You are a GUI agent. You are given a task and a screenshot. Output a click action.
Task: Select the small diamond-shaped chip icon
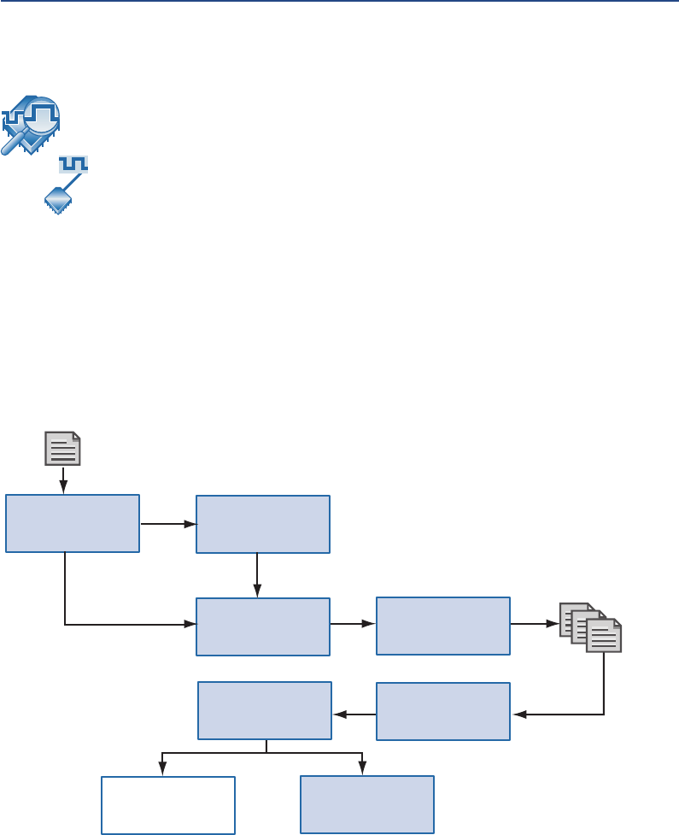(57, 199)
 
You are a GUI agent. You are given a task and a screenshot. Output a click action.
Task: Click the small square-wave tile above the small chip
(74, 163)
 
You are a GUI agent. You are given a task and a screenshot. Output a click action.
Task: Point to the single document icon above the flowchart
(62, 449)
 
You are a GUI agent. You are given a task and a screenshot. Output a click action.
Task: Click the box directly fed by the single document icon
(73, 523)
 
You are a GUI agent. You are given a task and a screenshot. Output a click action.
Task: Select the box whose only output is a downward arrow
(262, 524)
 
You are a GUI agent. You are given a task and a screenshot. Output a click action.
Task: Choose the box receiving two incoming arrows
(262, 626)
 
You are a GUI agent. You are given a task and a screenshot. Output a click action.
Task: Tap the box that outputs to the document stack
(442, 626)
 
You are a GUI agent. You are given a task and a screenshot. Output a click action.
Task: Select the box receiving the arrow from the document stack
(442, 711)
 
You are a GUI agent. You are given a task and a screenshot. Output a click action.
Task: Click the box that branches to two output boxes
(265, 710)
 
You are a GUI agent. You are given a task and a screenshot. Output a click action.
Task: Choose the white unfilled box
(167, 804)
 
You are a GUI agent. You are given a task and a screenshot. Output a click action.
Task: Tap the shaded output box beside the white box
(366, 804)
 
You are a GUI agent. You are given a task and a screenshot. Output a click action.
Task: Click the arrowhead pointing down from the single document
(62, 489)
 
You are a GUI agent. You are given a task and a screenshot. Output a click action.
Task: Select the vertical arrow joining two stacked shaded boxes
(257, 574)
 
